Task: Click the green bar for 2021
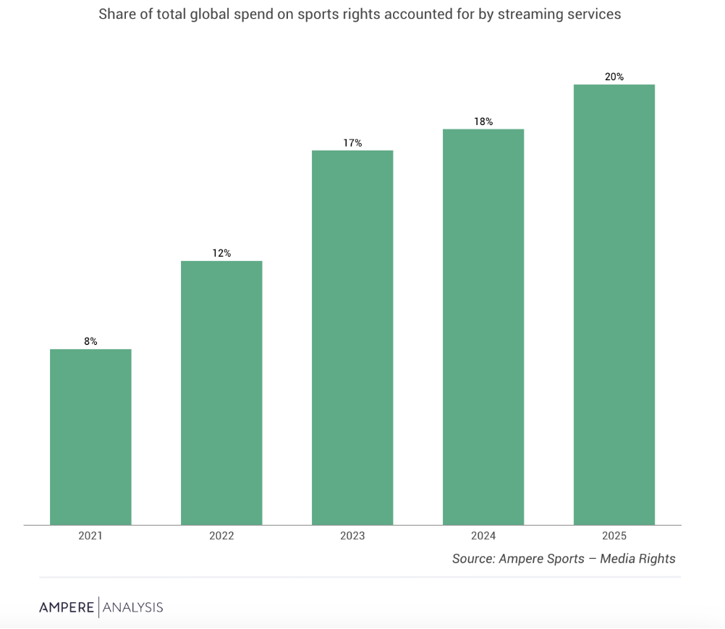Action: pos(90,437)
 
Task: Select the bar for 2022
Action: pos(221,393)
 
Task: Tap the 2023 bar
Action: pos(352,338)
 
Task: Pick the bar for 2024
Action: pos(483,328)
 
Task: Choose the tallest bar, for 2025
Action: pos(614,305)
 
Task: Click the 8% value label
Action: pos(90,341)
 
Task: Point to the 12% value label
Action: pos(221,253)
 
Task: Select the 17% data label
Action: pos(352,143)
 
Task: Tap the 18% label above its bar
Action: pos(483,121)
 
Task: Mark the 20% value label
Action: pos(614,77)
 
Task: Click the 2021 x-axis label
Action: pos(90,536)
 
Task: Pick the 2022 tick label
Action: pos(221,536)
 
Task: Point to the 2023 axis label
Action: pos(352,536)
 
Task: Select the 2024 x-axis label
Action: pos(483,536)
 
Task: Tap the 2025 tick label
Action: pos(614,536)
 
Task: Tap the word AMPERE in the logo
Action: pos(67,607)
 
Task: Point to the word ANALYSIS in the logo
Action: pos(132,607)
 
